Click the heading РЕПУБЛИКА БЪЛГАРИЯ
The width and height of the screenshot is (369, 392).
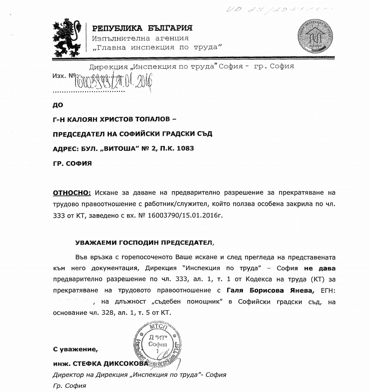tap(142, 28)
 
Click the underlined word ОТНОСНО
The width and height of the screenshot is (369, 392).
tap(72, 192)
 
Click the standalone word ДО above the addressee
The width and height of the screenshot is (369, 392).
tap(58, 104)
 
